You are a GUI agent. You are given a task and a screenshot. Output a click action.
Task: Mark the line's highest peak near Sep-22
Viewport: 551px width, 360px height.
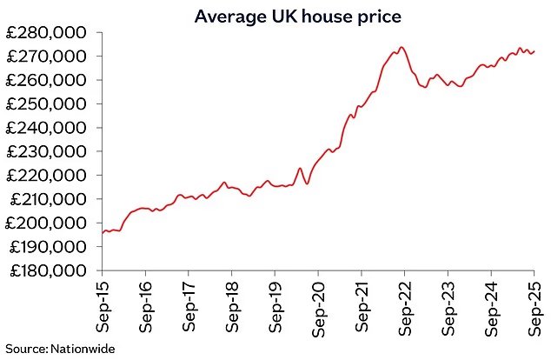pos(402,47)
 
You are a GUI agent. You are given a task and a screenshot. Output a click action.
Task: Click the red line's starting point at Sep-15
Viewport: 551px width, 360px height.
pos(103,232)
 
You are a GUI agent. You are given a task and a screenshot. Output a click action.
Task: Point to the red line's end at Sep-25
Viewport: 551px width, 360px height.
pos(534,51)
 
